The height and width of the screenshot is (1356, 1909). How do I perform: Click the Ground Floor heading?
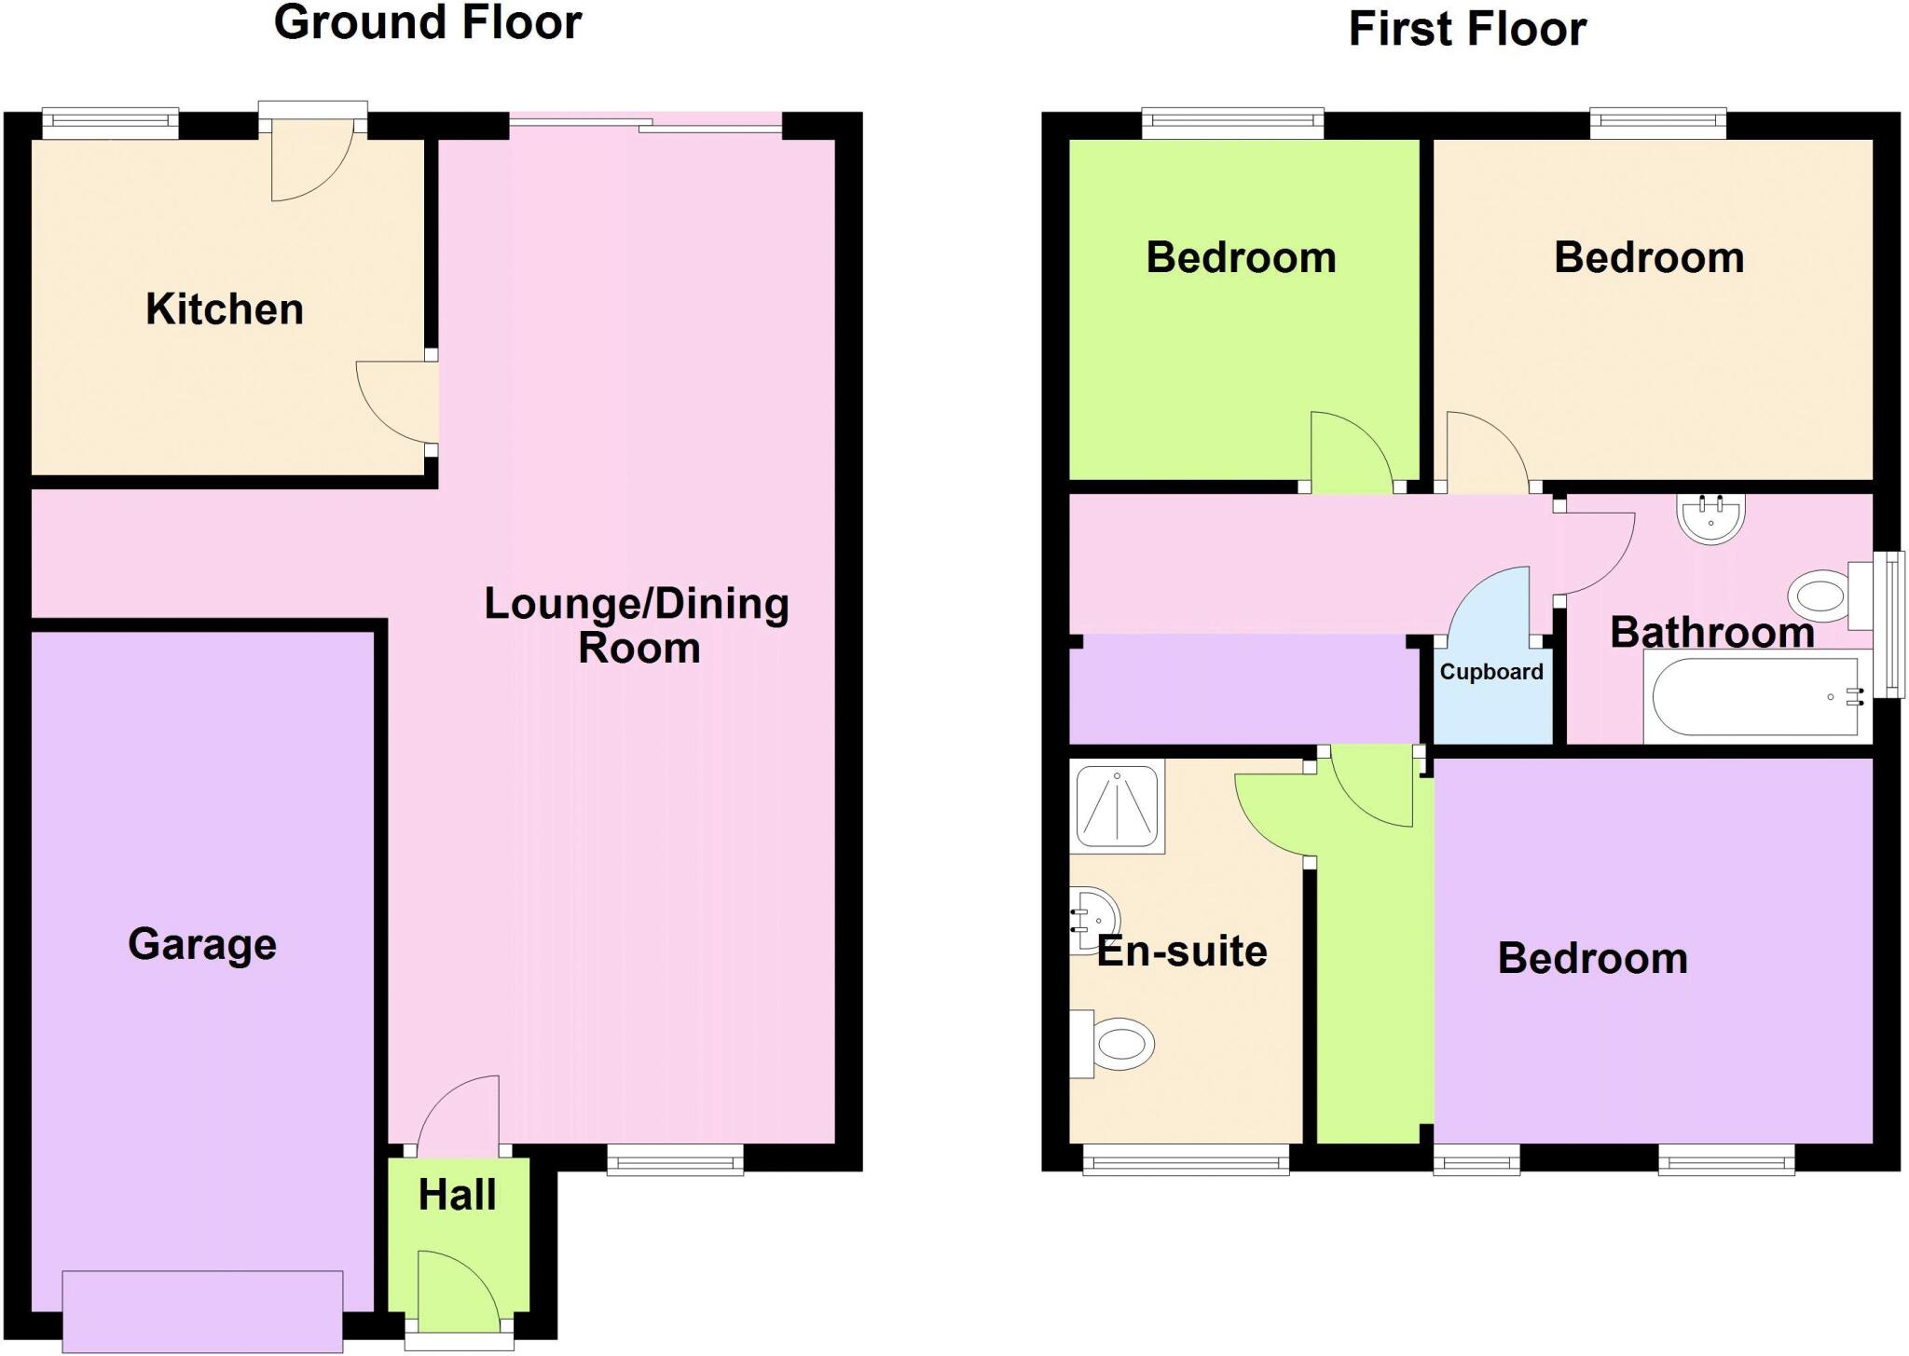point(428,22)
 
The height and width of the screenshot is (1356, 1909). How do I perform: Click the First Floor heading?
point(1466,29)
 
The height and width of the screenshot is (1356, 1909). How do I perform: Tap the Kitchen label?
point(225,309)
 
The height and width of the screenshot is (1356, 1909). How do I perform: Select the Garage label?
point(202,944)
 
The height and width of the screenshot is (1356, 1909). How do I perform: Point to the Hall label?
point(457,1195)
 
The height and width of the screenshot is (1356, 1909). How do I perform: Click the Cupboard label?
point(1491,672)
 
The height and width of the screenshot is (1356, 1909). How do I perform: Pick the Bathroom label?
point(1712,633)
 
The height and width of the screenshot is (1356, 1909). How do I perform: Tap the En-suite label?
point(1182,952)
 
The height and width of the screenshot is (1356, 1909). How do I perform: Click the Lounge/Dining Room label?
point(638,625)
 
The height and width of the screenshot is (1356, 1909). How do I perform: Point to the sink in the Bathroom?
point(1710,519)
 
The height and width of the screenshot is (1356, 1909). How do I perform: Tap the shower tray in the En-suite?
point(1117,805)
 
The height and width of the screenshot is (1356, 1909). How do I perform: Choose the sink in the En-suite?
point(1092,918)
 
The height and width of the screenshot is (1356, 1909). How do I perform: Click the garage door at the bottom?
point(202,1311)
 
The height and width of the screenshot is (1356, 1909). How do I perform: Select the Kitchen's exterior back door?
point(312,158)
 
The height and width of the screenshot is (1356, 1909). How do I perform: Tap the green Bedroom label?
point(1241,258)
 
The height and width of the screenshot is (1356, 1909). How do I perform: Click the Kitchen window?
point(110,120)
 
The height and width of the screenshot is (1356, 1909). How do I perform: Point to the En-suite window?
point(1186,1160)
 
